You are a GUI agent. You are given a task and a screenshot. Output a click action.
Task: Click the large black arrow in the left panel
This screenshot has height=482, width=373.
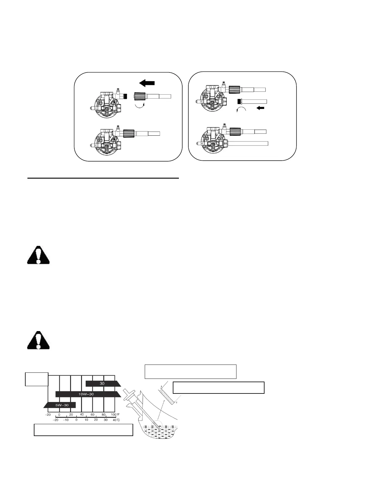coord(147,82)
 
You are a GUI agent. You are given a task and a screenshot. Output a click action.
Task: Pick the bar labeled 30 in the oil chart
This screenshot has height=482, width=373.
coord(102,383)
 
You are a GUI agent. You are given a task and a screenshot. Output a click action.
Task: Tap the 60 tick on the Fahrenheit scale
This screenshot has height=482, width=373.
coord(93,414)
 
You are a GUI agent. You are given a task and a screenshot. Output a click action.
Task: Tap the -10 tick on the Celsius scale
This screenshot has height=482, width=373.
coord(66,420)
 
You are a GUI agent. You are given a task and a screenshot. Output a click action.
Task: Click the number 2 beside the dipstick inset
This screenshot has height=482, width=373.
coord(177,402)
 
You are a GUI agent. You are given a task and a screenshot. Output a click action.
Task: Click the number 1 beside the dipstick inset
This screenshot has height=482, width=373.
coord(161,386)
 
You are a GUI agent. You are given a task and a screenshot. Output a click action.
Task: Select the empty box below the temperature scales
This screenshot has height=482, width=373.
coord(83,430)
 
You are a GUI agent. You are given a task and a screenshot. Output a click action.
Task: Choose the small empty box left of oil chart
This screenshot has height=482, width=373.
coord(37,379)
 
